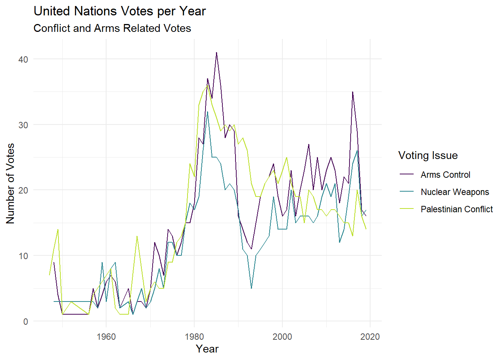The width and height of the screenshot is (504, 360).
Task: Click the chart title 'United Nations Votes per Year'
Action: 120,11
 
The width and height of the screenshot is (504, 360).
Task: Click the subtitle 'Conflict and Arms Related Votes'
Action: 112,28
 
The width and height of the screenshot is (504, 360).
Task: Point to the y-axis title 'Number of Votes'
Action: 10,183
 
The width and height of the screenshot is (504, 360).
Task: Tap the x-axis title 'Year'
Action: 207,349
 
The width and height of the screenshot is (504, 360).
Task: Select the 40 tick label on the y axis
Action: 23,59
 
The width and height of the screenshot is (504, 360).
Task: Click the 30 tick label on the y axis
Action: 23,125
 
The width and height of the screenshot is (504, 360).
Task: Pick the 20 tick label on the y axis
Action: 23,190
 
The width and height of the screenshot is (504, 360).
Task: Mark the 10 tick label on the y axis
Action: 23,256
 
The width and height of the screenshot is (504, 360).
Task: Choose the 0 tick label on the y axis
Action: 25,321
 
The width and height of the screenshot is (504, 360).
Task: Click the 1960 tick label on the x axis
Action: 106,336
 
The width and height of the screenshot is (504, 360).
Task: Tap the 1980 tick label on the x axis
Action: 194,336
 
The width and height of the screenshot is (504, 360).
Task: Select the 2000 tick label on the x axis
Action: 282,336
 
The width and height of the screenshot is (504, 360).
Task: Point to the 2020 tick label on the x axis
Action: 370,336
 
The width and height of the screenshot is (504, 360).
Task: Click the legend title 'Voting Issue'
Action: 428,155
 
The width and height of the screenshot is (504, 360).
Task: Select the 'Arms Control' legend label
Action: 445,175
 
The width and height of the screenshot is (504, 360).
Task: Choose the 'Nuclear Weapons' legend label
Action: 454,192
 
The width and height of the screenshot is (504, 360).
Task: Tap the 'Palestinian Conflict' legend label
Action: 456,209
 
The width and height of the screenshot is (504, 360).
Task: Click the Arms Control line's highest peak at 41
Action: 216,52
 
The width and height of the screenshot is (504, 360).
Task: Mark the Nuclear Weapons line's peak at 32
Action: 207,112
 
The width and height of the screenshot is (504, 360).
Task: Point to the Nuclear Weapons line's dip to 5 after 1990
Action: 251,288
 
